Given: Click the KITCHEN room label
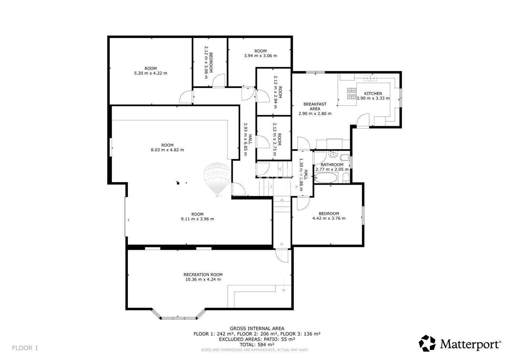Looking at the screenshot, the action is pos(373,93).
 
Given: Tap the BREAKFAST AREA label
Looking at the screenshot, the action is pos(315,106).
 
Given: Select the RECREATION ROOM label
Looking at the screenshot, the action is pos(203,274).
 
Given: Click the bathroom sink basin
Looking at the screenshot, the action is pos(333,154).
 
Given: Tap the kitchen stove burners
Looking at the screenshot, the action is pos(352,94).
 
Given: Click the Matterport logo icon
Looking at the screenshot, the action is pos(427,343).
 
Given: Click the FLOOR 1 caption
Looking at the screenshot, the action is pos(25,348).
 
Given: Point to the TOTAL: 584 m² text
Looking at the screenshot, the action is pos(257,344).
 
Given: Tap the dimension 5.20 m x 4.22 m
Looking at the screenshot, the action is pos(151,73).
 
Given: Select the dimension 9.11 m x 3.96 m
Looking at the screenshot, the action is pos(197,219).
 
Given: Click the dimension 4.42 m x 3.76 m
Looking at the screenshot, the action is pos(329,218).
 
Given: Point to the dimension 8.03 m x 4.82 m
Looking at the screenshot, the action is pos(168,150).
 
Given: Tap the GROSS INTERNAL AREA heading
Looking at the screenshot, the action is pos(257,328).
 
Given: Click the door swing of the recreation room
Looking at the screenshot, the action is pos(282,256).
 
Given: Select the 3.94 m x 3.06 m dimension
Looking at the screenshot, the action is pos(261,56).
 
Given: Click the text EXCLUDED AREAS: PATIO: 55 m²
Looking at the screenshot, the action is pos(257,339).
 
